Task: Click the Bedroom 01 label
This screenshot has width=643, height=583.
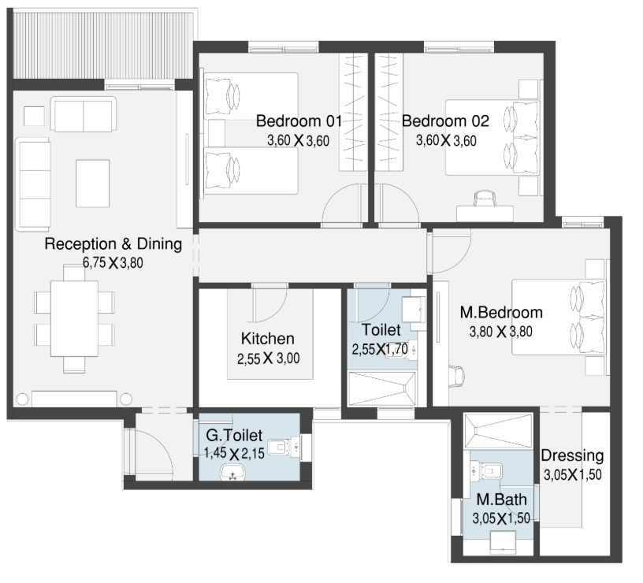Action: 299,121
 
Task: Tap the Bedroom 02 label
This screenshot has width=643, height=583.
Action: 445,121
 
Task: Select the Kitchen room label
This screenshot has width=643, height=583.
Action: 268,339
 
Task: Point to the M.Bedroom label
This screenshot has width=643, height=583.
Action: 501,313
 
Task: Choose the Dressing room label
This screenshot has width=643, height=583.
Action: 572,456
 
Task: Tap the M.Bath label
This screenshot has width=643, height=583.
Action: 501,499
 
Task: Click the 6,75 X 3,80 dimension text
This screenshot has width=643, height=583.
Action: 113,263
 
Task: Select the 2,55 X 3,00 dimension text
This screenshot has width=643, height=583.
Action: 268,358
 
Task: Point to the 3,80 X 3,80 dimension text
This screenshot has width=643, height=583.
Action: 500,331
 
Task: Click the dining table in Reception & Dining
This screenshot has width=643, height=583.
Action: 74,318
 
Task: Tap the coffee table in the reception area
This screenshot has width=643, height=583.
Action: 93,184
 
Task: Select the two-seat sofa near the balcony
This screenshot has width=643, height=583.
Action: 84,114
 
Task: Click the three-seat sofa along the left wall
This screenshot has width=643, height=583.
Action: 33,184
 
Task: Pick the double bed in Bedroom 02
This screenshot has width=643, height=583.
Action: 492,138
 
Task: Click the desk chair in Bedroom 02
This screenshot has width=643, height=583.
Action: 485,199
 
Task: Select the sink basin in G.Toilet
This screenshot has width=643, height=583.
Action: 233,472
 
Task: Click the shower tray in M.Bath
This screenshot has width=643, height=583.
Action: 498,431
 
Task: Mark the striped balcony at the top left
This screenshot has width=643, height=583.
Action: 103,45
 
